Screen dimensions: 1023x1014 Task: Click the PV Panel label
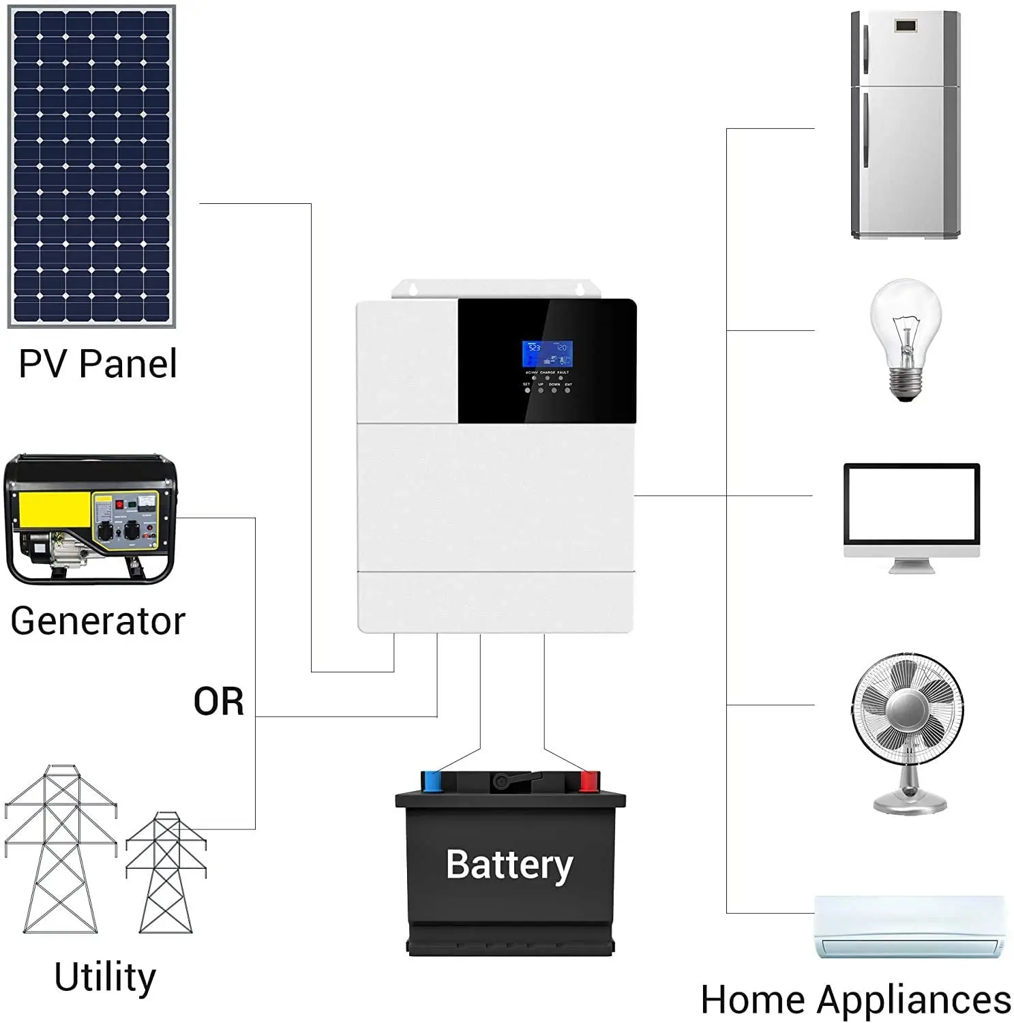click(98, 364)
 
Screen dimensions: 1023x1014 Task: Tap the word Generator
click(98, 621)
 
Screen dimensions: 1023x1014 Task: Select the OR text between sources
click(218, 702)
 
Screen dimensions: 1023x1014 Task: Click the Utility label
click(105, 977)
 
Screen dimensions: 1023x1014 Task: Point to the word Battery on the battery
click(509, 865)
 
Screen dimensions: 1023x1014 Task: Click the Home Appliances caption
click(856, 1000)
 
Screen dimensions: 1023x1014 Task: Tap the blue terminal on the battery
click(432, 782)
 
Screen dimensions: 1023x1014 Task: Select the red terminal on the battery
click(588, 782)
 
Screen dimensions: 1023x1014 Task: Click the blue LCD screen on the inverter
click(547, 354)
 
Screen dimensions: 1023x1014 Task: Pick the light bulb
click(906, 334)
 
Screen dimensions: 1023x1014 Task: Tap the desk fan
click(908, 730)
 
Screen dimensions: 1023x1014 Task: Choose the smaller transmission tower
click(166, 873)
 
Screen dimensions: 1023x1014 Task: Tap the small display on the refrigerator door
click(906, 27)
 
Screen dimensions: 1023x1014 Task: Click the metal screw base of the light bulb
click(906, 387)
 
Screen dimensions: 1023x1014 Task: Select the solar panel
click(91, 166)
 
